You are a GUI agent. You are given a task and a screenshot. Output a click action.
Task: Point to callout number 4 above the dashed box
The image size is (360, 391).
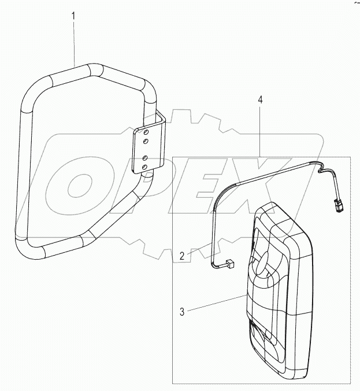pyautogui.click(x=260, y=100)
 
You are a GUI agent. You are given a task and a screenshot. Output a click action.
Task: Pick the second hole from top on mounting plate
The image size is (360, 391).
pyautogui.click(x=145, y=141)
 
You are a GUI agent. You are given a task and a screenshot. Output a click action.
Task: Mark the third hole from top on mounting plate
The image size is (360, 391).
pyautogui.click(x=145, y=157)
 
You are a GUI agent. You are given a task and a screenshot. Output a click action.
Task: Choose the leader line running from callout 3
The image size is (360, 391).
pyautogui.click(x=214, y=304)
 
